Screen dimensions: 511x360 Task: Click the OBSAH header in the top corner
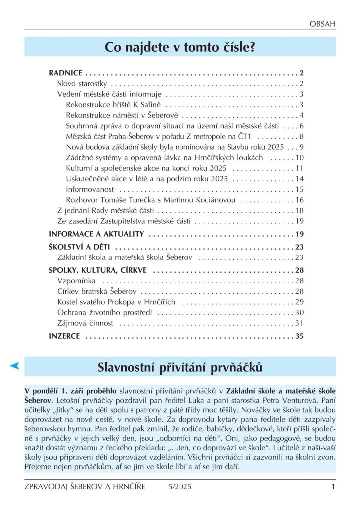pyautogui.click(x=322, y=23)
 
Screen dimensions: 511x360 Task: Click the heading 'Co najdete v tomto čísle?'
pyautogui.click(x=180, y=47)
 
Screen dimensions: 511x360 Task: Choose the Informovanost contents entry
pyautogui.click(x=90, y=189)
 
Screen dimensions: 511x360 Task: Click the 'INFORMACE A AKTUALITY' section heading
pyautogui.click(x=96, y=234)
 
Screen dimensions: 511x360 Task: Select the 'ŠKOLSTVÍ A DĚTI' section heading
pyautogui.click(x=79, y=247)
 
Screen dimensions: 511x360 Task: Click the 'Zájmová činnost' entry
pyautogui.click(x=85, y=323)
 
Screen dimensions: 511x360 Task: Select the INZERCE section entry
pyautogui.click(x=64, y=336)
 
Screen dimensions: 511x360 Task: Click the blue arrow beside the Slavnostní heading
pyautogui.click(x=15, y=367)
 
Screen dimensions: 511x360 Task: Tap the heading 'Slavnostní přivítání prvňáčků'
pyautogui.click(x=180, y=368)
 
